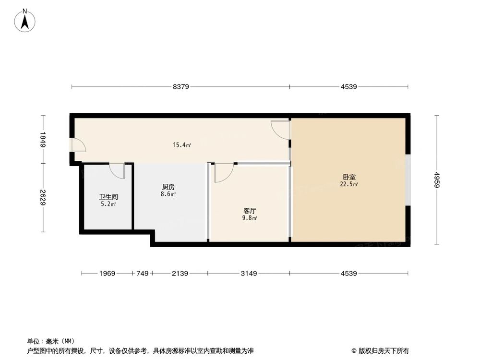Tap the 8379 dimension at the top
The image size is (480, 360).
click(181, 87)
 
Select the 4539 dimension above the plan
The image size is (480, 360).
click(349, 87)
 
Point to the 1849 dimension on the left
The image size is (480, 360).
click(43, 139)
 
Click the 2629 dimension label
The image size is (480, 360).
click(43, 197)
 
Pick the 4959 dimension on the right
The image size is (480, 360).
click(436, 180)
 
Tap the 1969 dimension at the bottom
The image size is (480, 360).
click(107, 274)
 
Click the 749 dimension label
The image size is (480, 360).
click(142, 274)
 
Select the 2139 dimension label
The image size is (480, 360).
click(180, 274)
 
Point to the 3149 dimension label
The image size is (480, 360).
click(249, 274)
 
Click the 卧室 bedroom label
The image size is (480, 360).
click(349, 177)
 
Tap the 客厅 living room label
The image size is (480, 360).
click(249, 211)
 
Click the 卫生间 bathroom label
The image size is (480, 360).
click(108, 197)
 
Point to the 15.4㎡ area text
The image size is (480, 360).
click(182, 144)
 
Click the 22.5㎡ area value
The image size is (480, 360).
click(349, 184)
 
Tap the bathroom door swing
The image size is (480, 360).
click(117, 171)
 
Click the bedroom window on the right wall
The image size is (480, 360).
click(408, 180)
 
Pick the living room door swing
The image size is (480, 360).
click(223, 173)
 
